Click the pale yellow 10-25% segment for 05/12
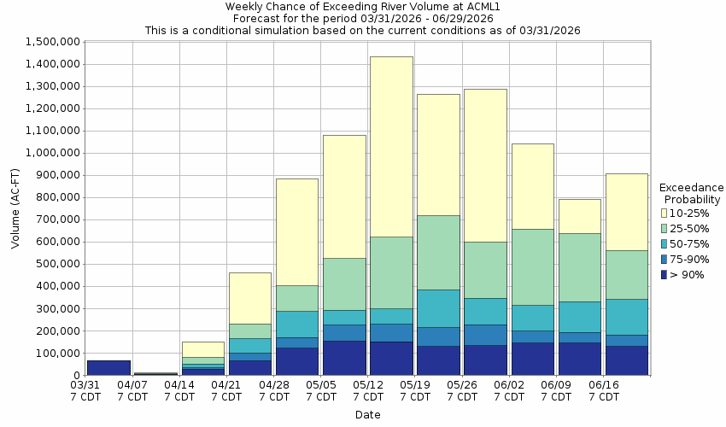(391, 146)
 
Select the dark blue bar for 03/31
(108, 367)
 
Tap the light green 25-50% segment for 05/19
(438, 252)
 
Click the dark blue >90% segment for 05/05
(344, 358)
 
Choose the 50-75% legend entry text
(691, 244)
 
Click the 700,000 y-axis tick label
(56, 219)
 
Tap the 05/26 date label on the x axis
(462, 391)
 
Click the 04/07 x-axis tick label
(132, 391)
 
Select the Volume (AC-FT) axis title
(15, 208)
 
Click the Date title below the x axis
(368, 415)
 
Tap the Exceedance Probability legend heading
(691, 193)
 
